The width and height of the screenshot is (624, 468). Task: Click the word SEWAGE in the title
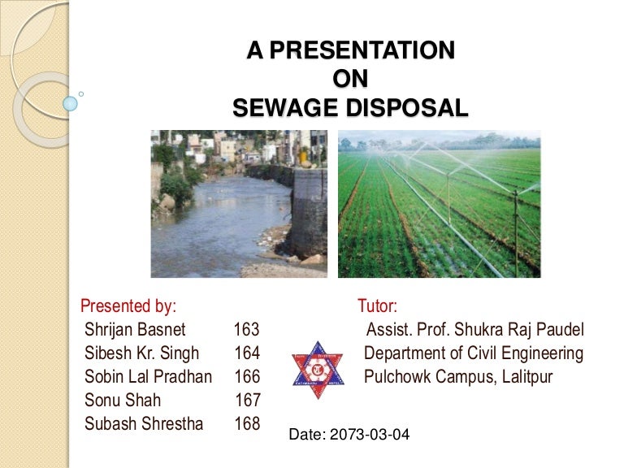pyautogui.click(x=282, y=108)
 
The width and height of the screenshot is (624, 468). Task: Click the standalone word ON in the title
pyautogui.click(x=351, y=80)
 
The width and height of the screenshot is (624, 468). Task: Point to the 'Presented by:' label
pyautogui.click(x=128, y=306)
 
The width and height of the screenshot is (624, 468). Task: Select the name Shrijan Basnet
pyautogui.click(x=135, y=330)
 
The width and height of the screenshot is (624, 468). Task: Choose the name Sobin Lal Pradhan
pyautogui.click(x=148, y=377)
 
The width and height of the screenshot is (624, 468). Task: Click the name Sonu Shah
pyautogui.click(x=123, y=401)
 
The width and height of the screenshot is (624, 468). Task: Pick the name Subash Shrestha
pyautogui.click(x=144, y=424)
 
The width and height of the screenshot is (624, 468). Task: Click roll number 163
pyautogui.click(x=247, y=330)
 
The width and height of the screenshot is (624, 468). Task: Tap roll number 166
pyautogui.click(x=247, y=377)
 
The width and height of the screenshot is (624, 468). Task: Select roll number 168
pyautogui.click(x=247, y=424)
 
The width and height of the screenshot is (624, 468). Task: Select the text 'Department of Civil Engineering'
pyautogui.click(x=474, y=353)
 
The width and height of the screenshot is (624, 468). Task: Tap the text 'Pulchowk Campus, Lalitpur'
pyautogui.click(x=458, y=377)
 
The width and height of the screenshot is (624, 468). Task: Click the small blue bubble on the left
pyautogui.click(x=71, y=104)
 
